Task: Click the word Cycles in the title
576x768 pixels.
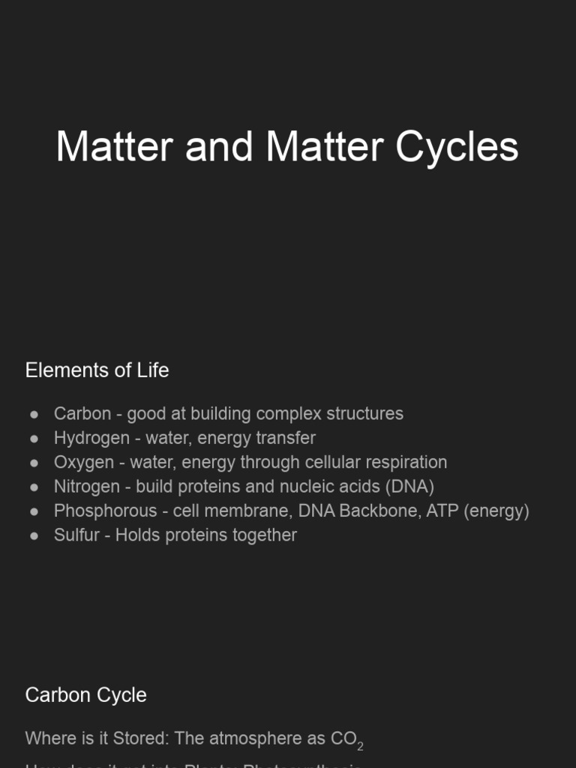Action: pyautogui.click(x=457, y=146)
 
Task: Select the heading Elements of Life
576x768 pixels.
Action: pyautogui.click(x=97, y=370)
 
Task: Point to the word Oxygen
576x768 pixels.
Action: pyautogui.click(x=83, y=462)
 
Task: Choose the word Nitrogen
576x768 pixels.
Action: pyautogui.click(x=86, y=487)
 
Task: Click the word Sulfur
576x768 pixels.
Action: pyautogui.click(x=76, y=535)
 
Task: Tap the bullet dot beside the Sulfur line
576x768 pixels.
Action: pyautogui.click(x=34, y=535)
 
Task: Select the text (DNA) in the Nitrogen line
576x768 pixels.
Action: pyautogui.click(x=409, y=487)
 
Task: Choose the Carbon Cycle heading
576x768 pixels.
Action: pyautogui.click(x=85, y=694)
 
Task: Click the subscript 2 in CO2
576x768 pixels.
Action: pyautogui.click(x=360, y=747)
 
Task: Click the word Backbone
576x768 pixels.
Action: pyautogui.click(x=376, y=511)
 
